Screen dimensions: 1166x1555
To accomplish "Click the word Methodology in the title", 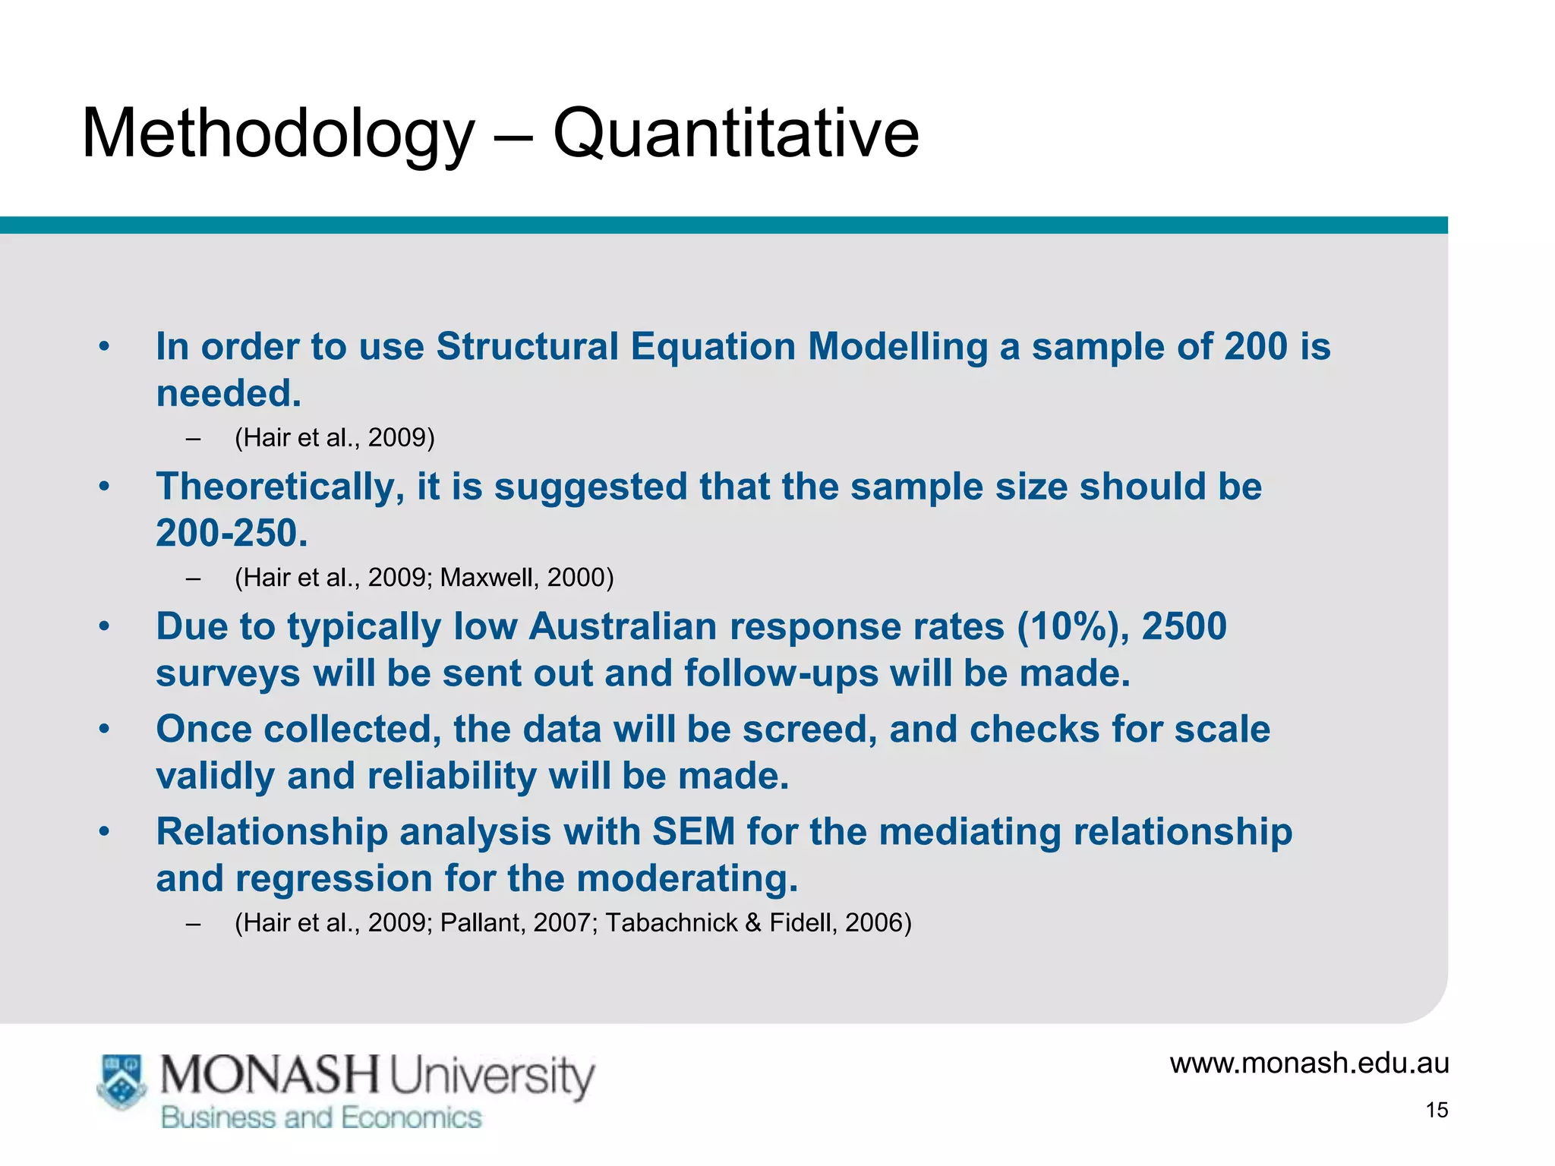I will (278, 134).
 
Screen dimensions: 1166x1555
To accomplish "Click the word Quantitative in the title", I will (736, 134).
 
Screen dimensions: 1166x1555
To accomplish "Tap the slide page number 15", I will (1437, 1110).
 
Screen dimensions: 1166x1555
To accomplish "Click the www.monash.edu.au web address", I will (1309, 1063).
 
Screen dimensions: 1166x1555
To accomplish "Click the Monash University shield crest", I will (121, 1081).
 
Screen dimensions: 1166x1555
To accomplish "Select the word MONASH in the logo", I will (270, 1076).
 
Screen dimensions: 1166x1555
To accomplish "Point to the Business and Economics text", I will (321, 1118).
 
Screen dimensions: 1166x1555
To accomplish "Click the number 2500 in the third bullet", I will (1184, 627).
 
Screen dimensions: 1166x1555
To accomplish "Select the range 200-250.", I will (231, 533).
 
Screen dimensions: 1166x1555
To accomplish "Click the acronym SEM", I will (693, 831).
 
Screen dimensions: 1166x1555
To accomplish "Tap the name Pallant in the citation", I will (482, 923).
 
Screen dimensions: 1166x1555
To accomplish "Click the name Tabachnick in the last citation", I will (671, 923).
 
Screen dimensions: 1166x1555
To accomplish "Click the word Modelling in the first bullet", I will (897, 347).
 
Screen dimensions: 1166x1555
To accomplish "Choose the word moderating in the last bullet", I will (687, 879).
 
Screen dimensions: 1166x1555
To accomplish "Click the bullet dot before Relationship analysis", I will (105, 832).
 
